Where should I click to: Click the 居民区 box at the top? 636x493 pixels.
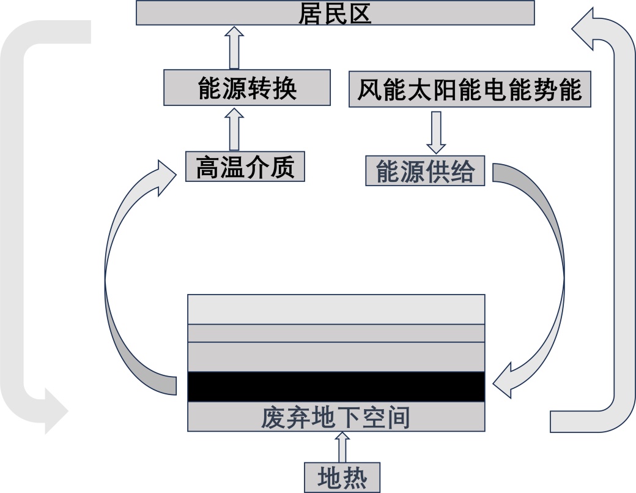335,13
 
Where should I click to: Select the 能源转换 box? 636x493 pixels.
248,88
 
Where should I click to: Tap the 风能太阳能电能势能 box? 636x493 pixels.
470,89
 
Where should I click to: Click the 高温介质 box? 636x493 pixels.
245,167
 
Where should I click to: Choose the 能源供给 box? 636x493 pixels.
425,171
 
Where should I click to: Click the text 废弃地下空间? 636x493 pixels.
336,418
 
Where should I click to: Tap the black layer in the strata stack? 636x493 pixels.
336,386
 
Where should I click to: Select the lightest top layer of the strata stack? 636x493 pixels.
336,309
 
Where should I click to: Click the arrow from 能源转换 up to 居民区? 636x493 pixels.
234,47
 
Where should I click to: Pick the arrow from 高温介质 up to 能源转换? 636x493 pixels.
234,129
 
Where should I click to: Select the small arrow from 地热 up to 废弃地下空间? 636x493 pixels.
342,446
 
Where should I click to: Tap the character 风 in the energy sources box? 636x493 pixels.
369,89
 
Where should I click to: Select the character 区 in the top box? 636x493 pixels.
360,13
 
